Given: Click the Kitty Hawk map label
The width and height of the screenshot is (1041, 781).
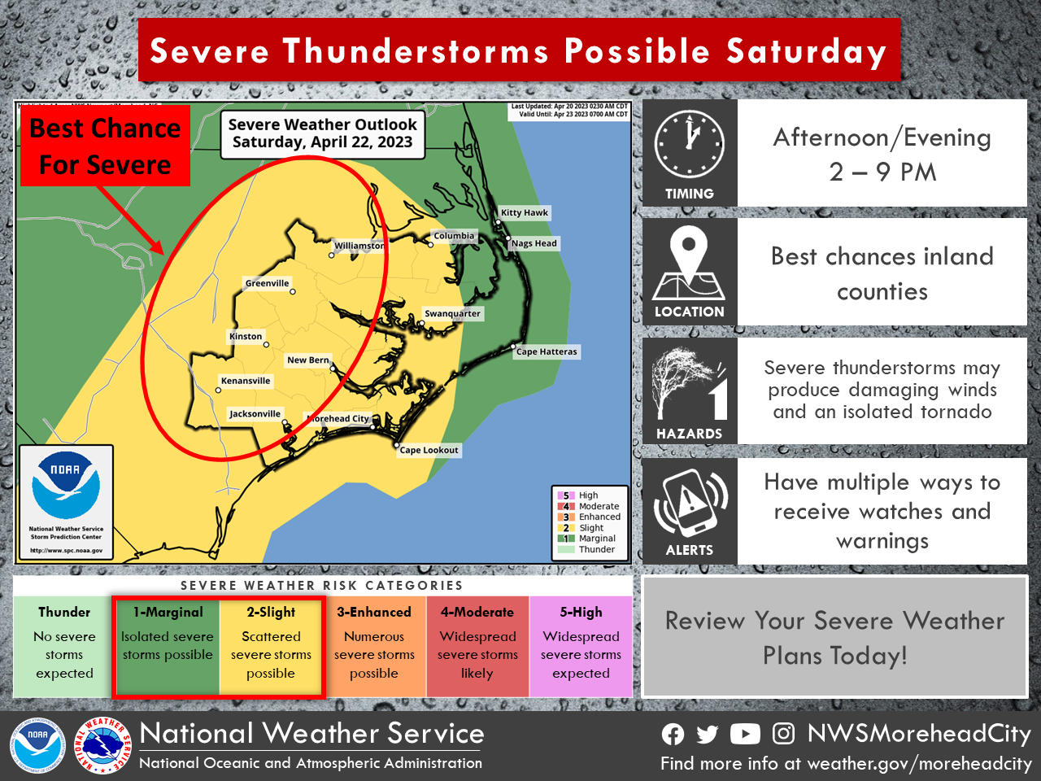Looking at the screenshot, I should point(525,213).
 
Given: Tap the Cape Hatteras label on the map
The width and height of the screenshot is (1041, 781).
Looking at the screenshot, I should point(547,352).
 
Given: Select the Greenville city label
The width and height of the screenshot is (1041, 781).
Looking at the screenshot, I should point(268,284).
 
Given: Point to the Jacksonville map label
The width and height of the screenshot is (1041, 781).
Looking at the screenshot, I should point(255,414).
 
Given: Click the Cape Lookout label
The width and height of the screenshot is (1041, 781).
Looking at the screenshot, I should point(429,450).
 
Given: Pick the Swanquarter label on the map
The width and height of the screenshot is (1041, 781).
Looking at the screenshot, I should point(453,314).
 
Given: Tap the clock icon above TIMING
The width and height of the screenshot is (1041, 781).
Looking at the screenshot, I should point(690,145).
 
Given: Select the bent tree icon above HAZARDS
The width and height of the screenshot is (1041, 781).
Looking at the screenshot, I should point(688,383).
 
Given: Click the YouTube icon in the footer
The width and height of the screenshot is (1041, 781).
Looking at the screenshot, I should point(745,735).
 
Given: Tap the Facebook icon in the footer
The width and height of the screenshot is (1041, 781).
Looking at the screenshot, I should point(673,735).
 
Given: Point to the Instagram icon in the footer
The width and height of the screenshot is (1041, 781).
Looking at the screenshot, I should point(783,734).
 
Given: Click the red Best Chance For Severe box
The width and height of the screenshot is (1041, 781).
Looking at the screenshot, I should point(106,146).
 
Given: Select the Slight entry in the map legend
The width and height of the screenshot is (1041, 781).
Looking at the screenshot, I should point(590,528).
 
